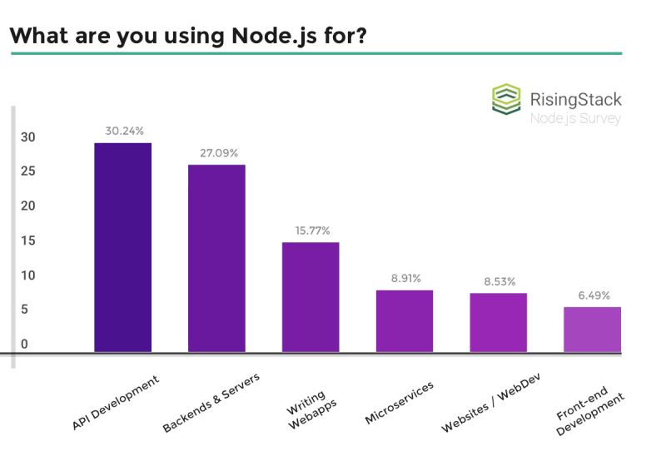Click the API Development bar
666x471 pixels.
tap(122, 247)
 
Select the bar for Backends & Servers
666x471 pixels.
tap(216, 258)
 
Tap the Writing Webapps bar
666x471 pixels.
tap(311, 297)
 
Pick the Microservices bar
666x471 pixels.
tap(405, 320)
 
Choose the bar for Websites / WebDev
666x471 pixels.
tap(498, 322)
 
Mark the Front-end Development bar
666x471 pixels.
tap(592, 330)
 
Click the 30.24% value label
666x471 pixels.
tap(124, 131)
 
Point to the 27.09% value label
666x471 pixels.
tap(218, 153)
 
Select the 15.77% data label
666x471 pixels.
tap(311, 230)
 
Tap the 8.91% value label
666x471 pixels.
tap(405, 278)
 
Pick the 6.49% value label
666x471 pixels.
tap(593, 295)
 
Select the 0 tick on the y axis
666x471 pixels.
tap(25, 344)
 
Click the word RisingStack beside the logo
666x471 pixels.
tap(575, 99)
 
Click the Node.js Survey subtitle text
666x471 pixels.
tap(575, 118)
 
